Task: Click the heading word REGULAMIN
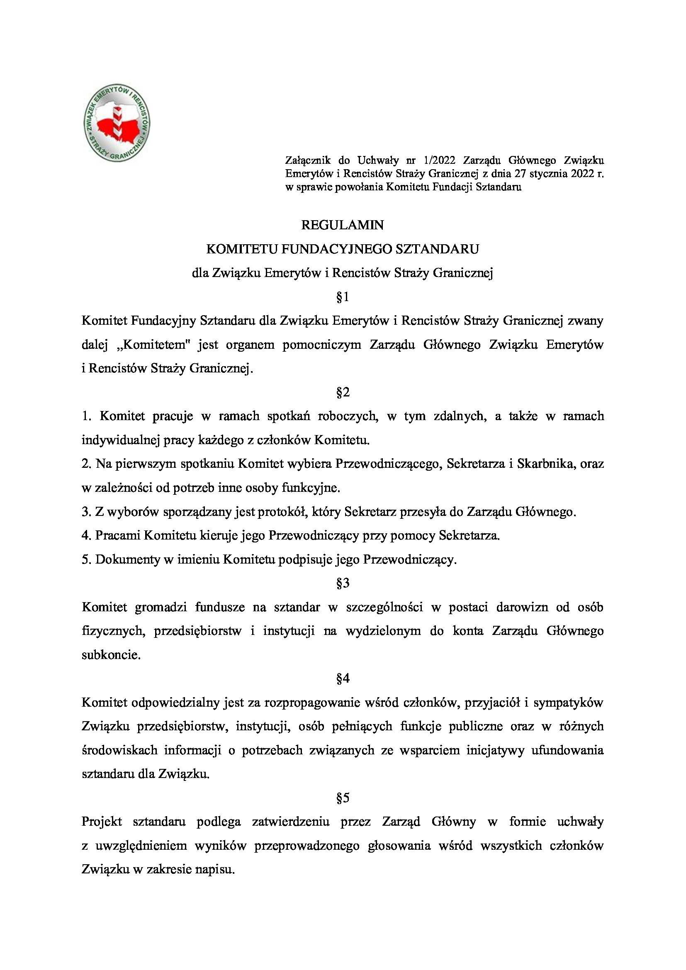coord(343,226)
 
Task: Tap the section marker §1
coord(343,297)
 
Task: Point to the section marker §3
coord(343,584)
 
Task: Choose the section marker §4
coord(343,679)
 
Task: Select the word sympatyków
coord(569,703)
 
